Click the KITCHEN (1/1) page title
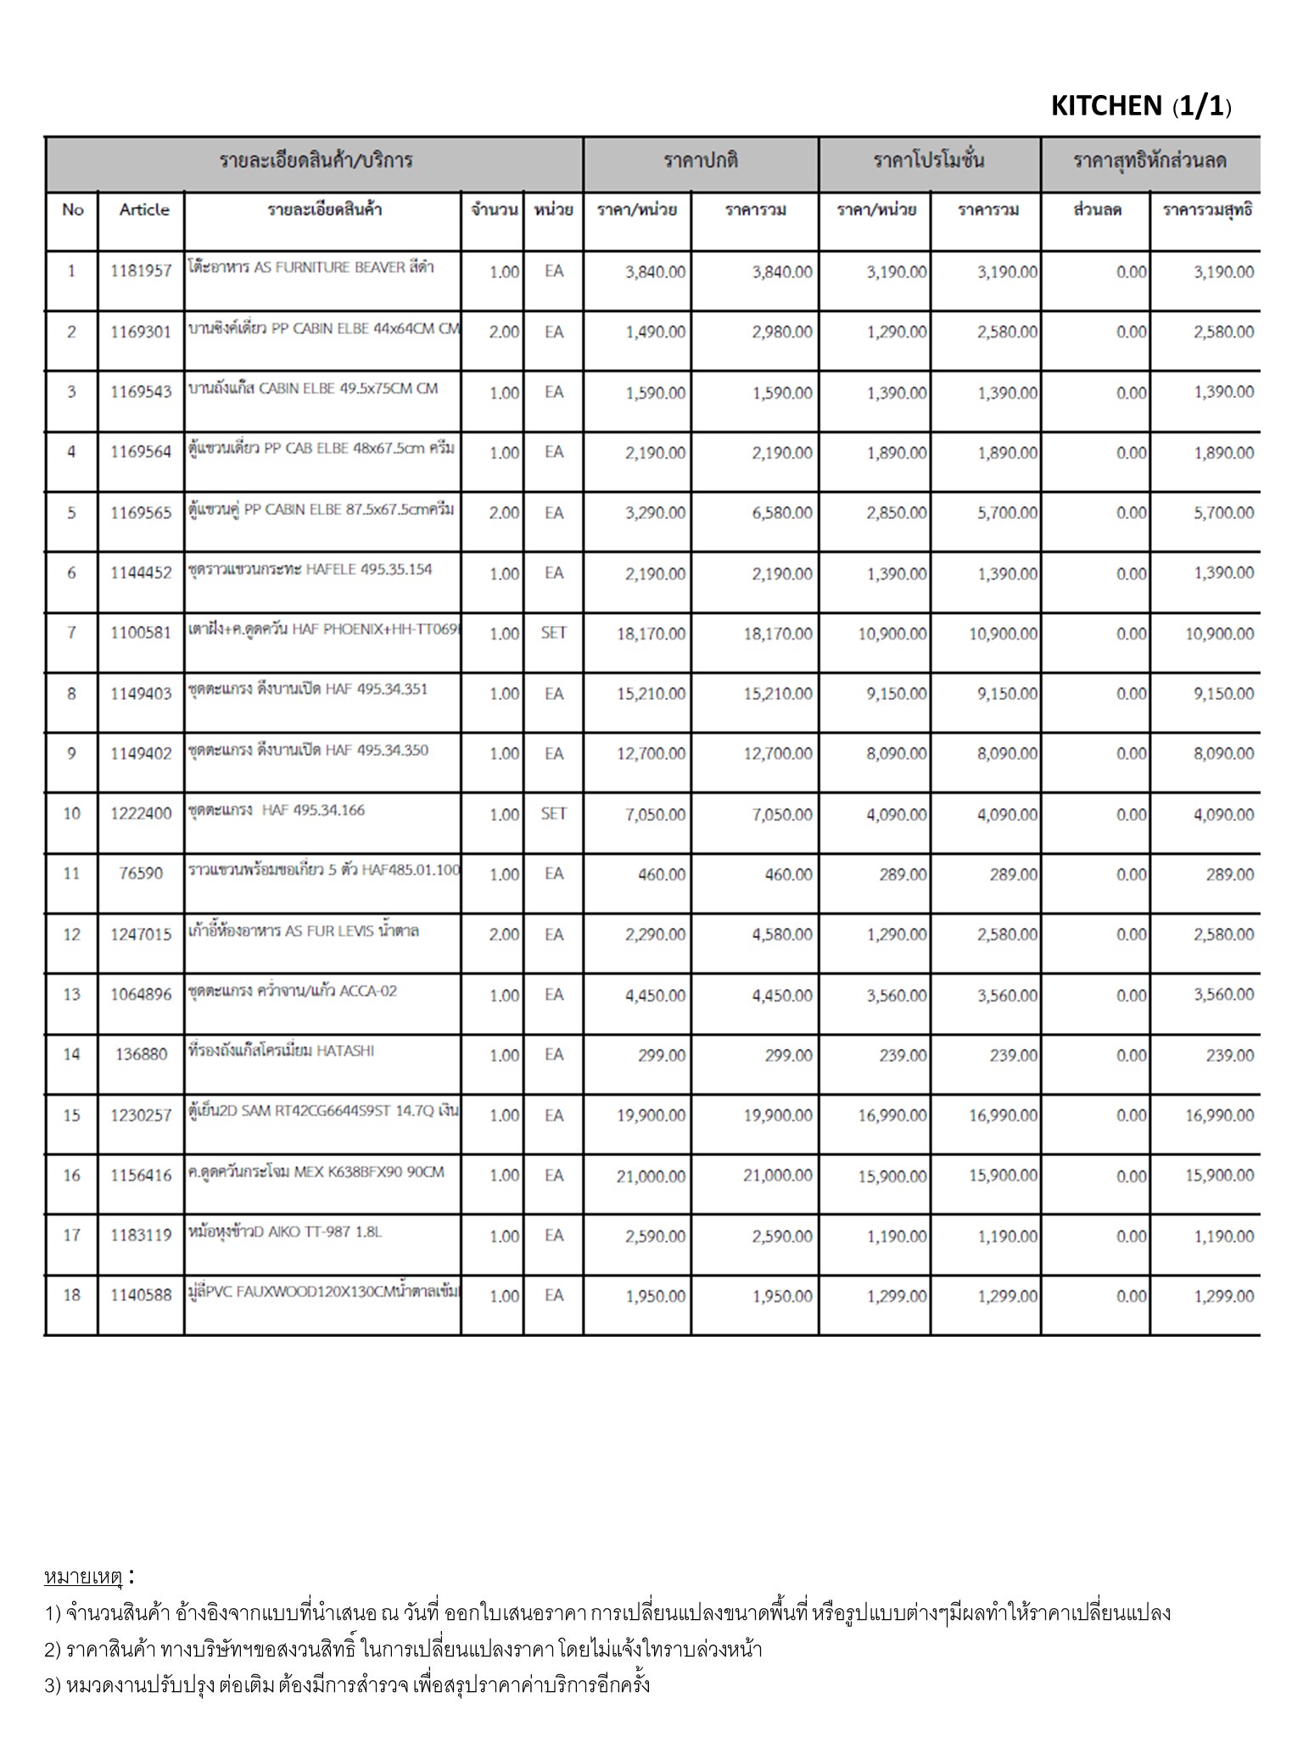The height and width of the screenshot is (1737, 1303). coord(1140,106)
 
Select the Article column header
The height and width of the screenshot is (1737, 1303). coord(143,209)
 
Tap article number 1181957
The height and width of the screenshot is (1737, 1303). coord(141,271)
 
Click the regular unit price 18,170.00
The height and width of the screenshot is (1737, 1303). coord(651,634)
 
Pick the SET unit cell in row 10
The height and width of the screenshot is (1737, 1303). coord(553,813)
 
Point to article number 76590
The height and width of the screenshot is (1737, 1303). coord(141,874)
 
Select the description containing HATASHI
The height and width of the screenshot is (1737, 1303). coord(281,1052)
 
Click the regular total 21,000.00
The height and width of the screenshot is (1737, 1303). coord(777,1176)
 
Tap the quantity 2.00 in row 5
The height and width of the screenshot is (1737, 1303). coord(504,513)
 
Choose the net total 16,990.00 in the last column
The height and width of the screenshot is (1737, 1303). coord(1219,1115)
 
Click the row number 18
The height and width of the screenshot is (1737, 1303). coord(71,1295)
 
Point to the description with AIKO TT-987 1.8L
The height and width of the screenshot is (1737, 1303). coord(285,1232)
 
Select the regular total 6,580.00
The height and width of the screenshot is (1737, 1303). coord(781,513)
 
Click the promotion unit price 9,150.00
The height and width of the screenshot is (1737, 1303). coord(896,694)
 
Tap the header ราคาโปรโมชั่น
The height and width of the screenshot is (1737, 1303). coord(929,161)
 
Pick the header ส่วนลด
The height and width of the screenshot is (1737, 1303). coord(1097,209)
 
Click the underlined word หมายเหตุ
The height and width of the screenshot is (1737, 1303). coord(83,1577)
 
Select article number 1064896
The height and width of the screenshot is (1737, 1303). coord(141,994)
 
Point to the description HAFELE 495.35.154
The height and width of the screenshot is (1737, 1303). coord(310,570)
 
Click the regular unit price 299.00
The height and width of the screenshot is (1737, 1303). coord(662,1055)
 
